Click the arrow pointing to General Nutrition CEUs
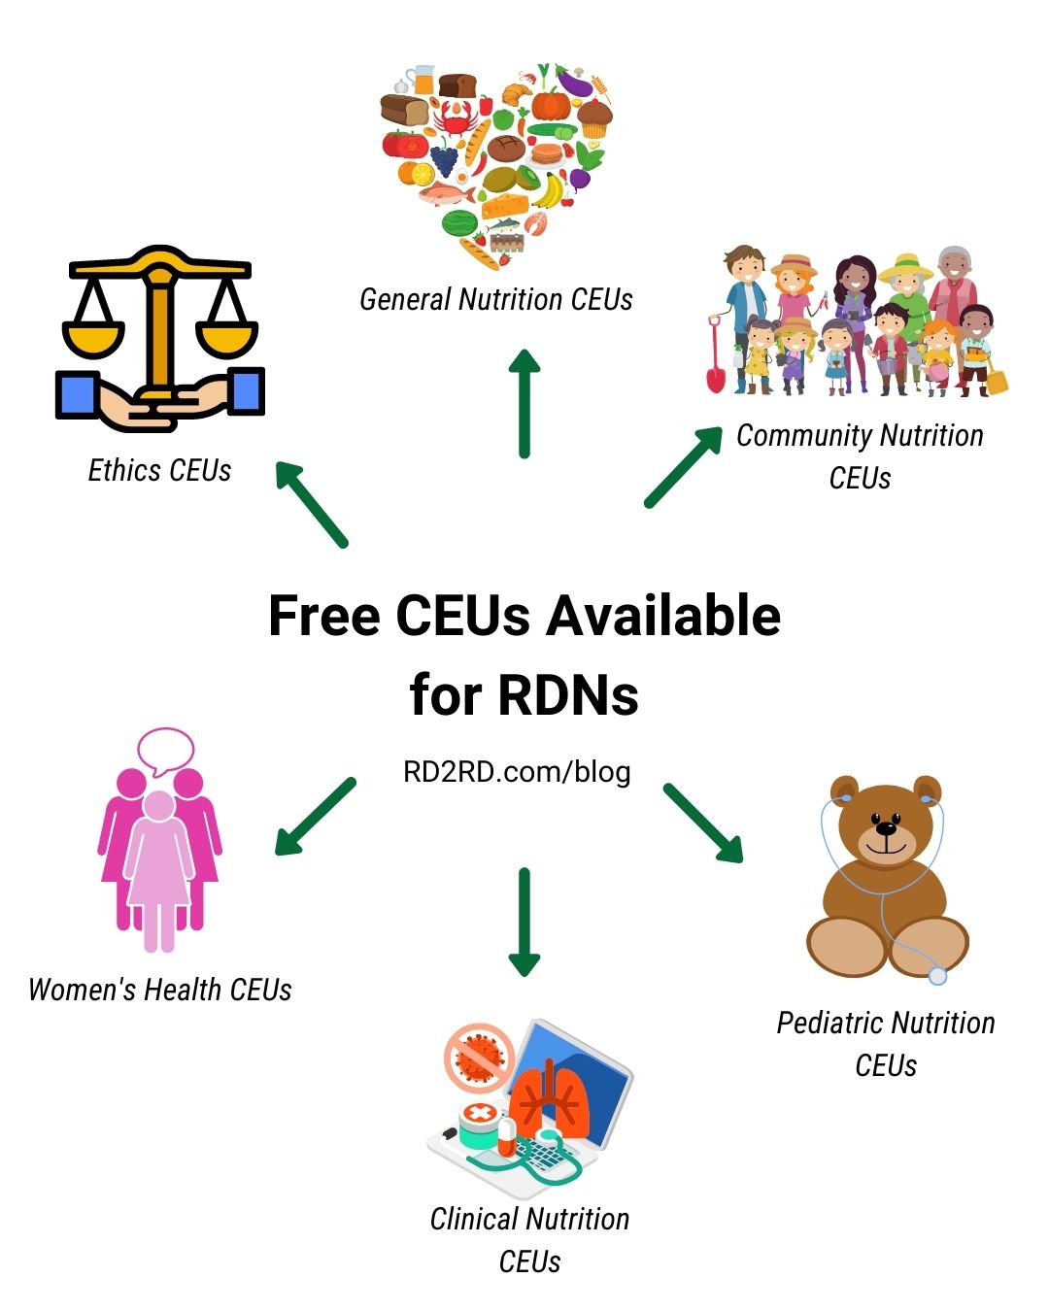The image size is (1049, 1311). tap(524, 403)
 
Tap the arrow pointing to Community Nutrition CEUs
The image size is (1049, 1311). tap(683, 466)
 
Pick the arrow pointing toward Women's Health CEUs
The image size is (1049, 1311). tap(315, 816)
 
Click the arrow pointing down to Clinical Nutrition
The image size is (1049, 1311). tap(524, 922)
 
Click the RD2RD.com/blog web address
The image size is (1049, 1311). tap(517, 772)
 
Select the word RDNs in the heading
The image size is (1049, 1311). tap(568, 695)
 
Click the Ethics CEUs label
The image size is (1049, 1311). tap(159, 471)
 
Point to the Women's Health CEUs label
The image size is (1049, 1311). tap(160, 990)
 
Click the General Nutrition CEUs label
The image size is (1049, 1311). tap(496, 299)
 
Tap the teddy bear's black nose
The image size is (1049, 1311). tap(887, 828)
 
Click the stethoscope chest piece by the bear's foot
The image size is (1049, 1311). tap(937, 975)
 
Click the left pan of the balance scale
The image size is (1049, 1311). tap(93, 336)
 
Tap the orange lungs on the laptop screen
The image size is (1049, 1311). tap(550, 1098)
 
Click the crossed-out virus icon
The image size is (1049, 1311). tap(479, 1055)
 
